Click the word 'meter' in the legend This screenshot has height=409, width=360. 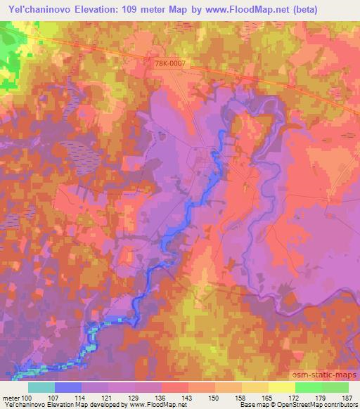[x=9, y=397]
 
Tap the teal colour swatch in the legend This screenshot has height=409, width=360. [x=41, y=387]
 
